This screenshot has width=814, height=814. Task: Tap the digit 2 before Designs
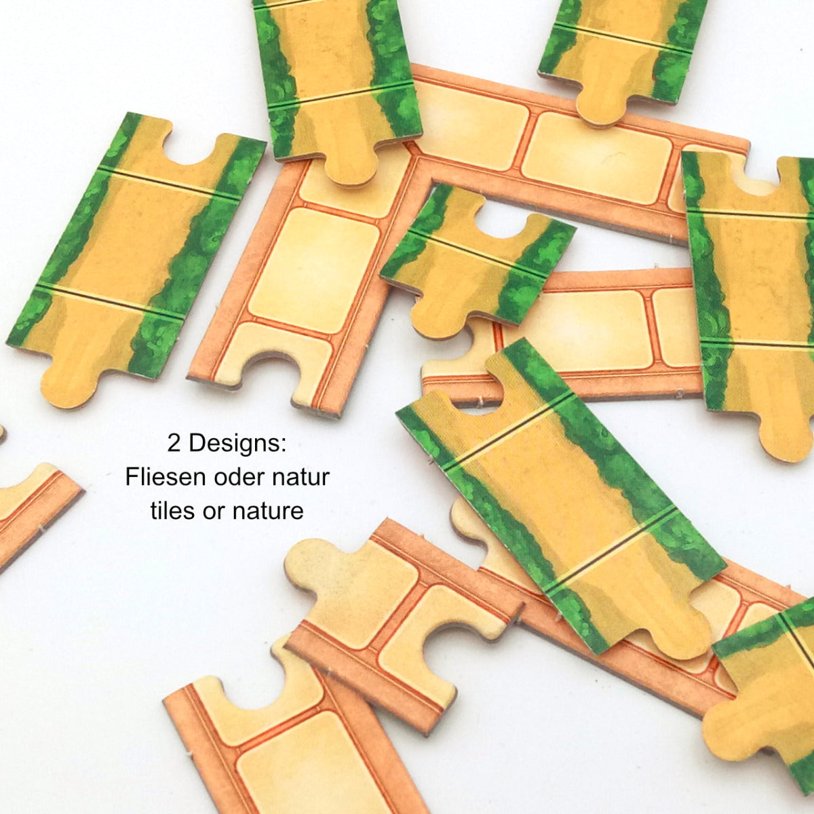(174, 444)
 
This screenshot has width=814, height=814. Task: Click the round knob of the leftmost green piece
(69, 387)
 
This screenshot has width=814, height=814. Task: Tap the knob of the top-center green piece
(351, 164)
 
